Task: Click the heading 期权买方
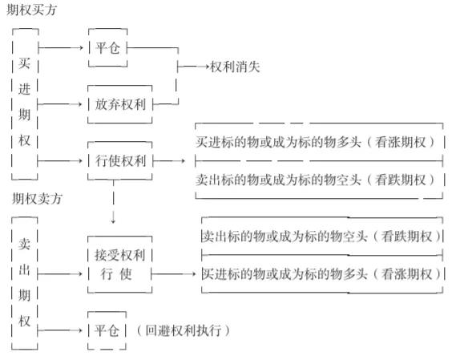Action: pyautogui.click(x=32, y=10)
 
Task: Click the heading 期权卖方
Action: pyautogui.click(x=37, y=199)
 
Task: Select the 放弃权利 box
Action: pyautogui.click(x=120, y=104)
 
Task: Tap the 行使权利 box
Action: pyautogui.click(x=120, y=160)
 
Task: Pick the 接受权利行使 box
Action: pyautogui.click(x=120, y=265)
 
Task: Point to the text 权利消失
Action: pyautogui.click(x=235, y=67)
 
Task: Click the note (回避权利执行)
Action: pyautogui.click(x=184, y=330)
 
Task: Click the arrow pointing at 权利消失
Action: pyautogui.click(x=193, y=67)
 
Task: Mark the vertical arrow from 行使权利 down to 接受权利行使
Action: pyautogui.click(x=113, y=202)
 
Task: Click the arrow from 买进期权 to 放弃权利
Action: pyautogui.click(x=60, y=104)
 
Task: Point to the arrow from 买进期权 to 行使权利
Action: pyautogui.click(x=60, y=160)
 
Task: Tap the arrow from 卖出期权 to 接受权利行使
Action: pyautogui.click(x=60, y=273)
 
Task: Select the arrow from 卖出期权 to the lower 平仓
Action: pyautogui.click(x=60, y=330)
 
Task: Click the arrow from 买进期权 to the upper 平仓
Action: pyautogui.click(x=61, y=47)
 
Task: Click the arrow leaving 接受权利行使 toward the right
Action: pyautogui.click(x=174, y=273)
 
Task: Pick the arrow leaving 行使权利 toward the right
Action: pyautogui.click(x=169, y=160)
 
